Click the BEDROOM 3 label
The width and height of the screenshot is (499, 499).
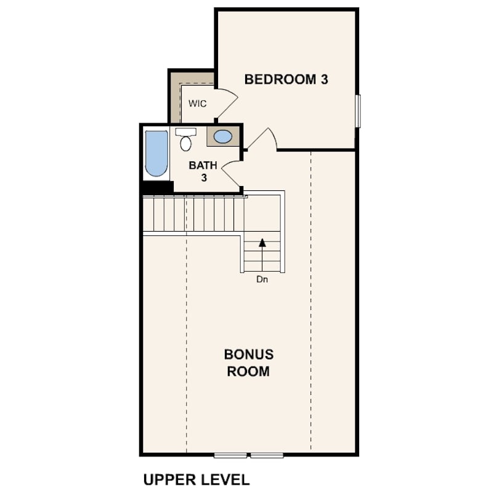286,79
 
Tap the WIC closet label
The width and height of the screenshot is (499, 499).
197,103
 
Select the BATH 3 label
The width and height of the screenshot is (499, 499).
203,171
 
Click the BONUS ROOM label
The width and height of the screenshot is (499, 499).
248,363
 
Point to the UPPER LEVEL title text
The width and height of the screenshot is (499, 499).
196,479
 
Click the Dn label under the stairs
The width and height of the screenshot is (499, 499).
262,279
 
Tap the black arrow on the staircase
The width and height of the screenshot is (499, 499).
262,243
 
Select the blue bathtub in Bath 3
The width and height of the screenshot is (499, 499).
156,153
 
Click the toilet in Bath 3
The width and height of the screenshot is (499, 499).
185,140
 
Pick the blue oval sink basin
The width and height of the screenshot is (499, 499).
223,137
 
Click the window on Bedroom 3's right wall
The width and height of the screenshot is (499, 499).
358,111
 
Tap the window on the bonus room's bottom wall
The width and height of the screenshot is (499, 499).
249,455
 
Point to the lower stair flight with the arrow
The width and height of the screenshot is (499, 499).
262,253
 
